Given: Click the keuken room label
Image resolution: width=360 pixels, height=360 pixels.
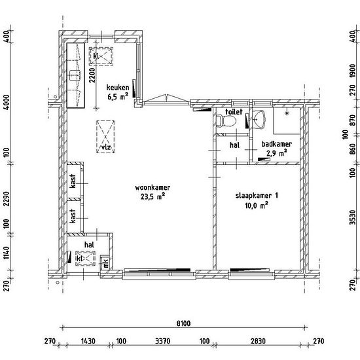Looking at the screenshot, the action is tap(118, 88).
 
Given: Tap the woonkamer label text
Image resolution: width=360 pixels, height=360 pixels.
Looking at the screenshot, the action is tap(153, 188).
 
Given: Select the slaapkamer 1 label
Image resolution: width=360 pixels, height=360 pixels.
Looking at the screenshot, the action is tap(257, 196).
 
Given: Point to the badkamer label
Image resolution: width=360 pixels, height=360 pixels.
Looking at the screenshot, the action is tap(276, 144).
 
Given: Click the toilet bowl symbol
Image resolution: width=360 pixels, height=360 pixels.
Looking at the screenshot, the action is tap(226, 121).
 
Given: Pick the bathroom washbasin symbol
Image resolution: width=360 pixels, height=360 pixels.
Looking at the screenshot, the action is tap(259, 119).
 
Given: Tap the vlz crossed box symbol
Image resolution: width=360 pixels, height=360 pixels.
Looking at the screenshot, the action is tap(105, 137).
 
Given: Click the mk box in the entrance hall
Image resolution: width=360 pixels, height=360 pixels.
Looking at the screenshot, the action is tap(105, 262).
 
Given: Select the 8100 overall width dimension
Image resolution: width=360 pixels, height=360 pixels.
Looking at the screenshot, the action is tap(183, 323).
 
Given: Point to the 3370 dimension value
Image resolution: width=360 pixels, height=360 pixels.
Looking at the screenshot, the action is tap(163, 341).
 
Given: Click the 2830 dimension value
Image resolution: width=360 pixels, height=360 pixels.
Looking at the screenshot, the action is tap(258, 341).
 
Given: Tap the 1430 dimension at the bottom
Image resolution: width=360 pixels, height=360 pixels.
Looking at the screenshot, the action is tap(88, 341).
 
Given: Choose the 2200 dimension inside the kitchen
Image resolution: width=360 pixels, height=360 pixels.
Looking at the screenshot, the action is tap(92, 75).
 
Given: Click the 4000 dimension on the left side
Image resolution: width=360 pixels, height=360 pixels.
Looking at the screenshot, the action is tap(7, 102).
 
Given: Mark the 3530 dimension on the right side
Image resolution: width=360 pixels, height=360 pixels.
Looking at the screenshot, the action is tap(353, 217).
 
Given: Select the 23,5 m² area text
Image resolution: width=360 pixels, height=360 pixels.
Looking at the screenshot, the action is tap(153, 197).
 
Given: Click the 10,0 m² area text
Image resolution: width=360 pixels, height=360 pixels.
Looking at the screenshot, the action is tap(257, 206).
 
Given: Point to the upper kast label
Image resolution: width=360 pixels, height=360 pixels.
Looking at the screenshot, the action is tap(73, 181).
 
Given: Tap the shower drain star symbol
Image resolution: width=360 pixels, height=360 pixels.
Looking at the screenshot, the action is tap(287, 113).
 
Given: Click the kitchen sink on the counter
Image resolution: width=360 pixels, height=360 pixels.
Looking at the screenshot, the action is tap(75, 75).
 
